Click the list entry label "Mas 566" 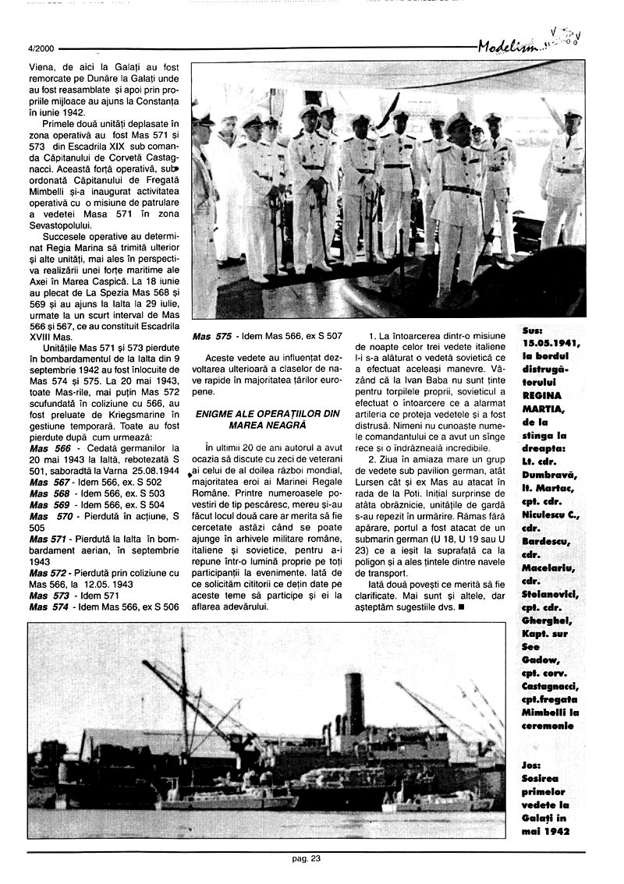[50, 449]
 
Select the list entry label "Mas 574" [50, 607]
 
